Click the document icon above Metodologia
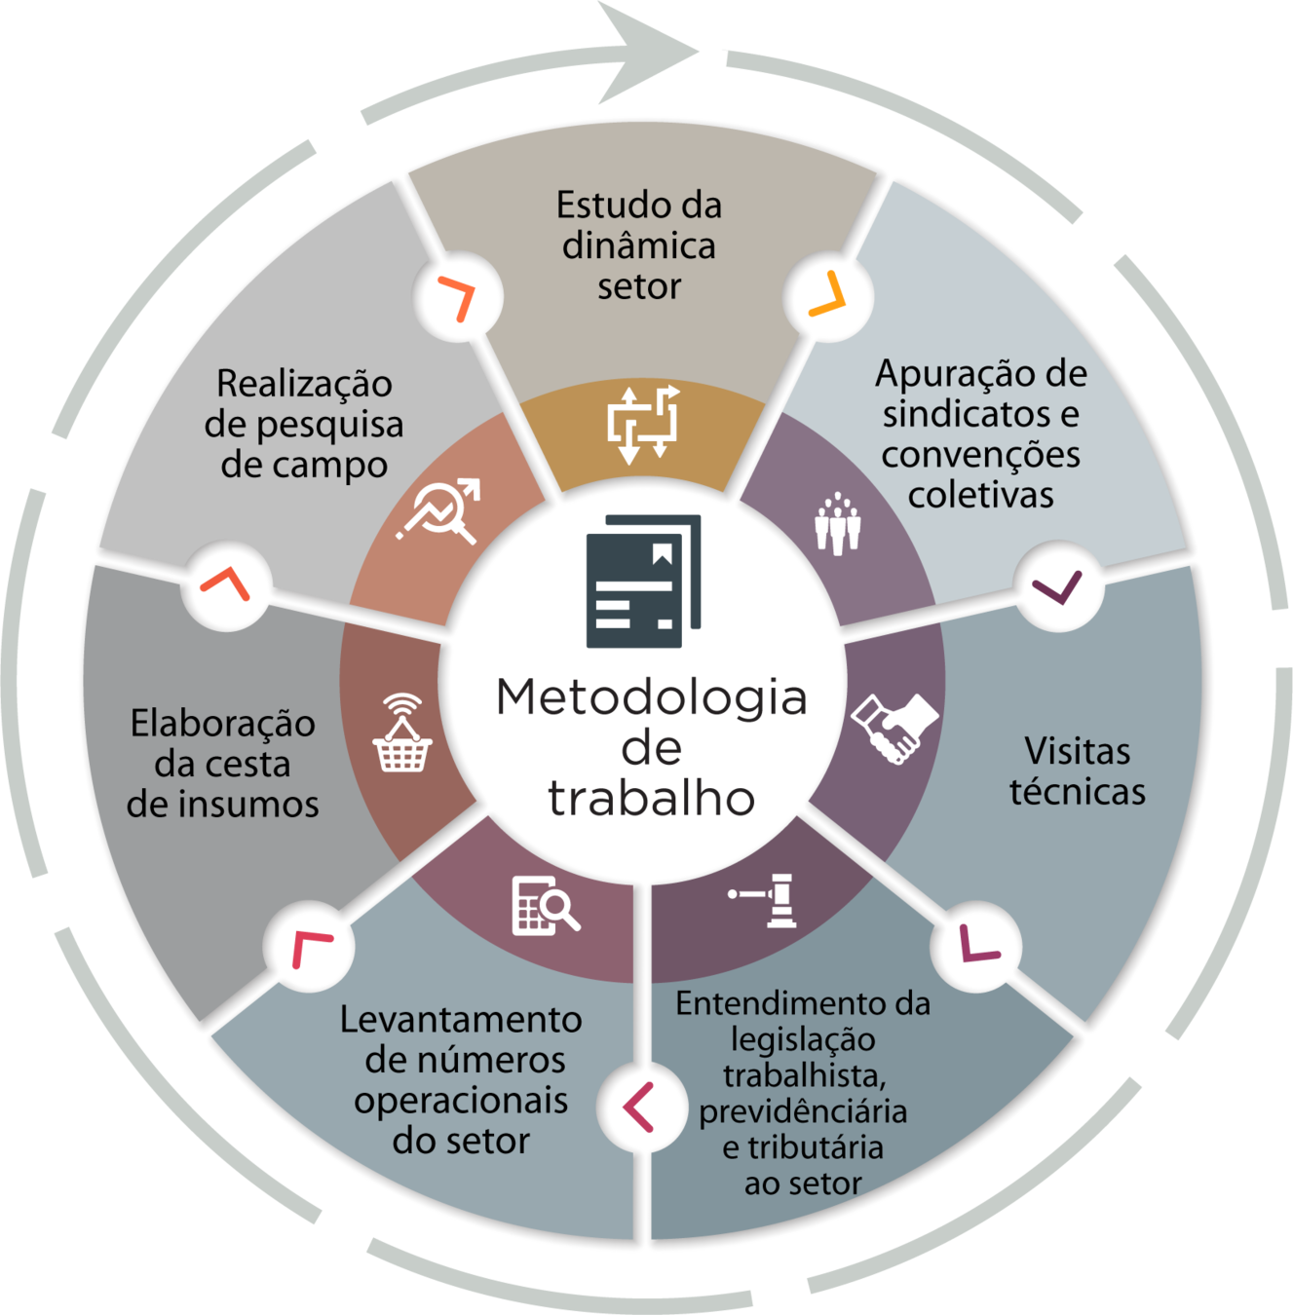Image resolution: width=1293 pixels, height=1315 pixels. point(643,581)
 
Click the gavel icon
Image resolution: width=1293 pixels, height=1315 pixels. point(767,899)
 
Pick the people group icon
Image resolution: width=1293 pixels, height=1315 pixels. point(837,524)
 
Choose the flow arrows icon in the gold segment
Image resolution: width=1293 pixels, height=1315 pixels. point(642,424)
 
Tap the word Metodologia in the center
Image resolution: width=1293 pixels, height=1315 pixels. point(651,697)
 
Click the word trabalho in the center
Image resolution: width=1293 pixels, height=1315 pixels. point(651,798)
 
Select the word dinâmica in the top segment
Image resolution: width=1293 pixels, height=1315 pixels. point(638,245)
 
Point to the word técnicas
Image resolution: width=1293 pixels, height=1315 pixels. point(1077,792)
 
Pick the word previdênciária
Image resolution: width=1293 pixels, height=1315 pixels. point(802,1111)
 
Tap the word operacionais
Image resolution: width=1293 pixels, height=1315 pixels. point(461,1101)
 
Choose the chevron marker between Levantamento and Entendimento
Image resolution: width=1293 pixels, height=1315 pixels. point(638,1107)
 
